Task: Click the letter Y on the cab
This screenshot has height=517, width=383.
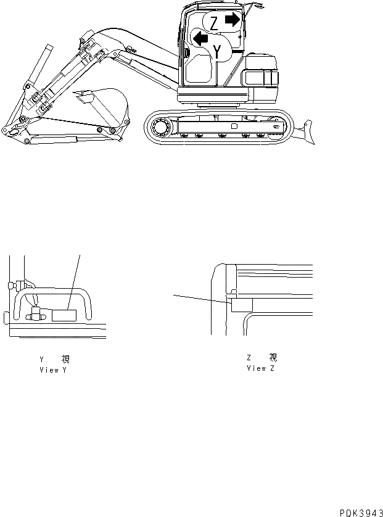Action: click(216, 52)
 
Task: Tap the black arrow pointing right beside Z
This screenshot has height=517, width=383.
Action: click(233, 20)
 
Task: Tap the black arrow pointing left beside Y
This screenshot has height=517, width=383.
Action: click(200, 39)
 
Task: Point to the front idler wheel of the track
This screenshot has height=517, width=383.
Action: click(160, 128)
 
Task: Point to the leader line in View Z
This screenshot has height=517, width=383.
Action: click(200, 298)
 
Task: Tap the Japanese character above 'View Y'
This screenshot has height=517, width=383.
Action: click(65, 360)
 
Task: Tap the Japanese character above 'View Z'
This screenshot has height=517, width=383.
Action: click(273, 358)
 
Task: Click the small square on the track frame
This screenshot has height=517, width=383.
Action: click(233, 126)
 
